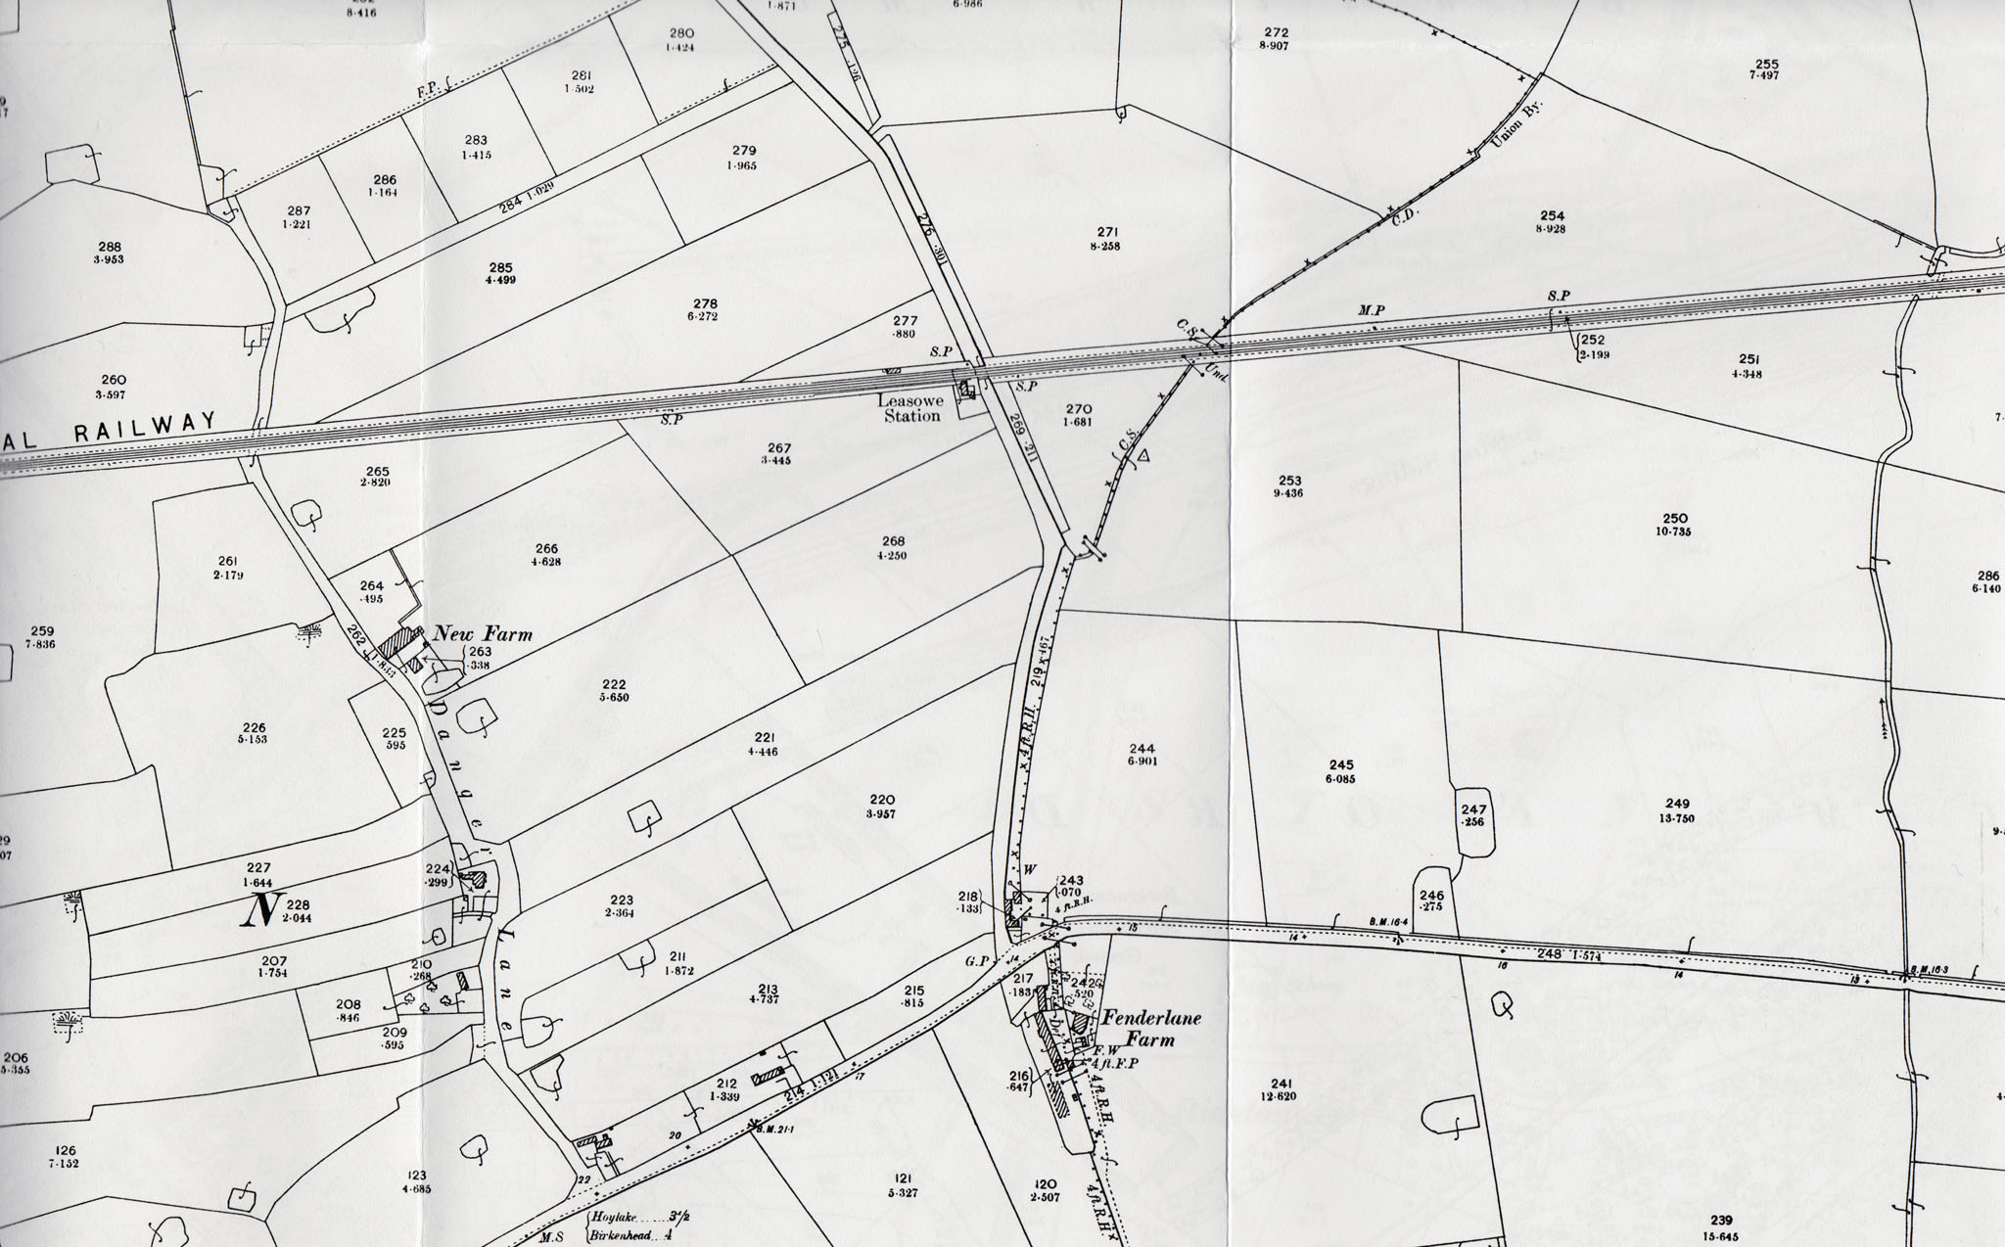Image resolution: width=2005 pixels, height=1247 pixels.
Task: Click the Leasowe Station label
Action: [910, 408]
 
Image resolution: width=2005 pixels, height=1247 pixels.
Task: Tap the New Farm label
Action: [483, 634]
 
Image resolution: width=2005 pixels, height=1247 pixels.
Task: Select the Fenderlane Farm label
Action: [1150, 1029]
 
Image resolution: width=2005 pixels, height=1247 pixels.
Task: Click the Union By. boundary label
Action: [1516, 125]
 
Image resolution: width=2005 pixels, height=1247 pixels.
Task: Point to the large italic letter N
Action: [261, 910]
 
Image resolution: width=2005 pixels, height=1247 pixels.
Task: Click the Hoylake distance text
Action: [614, 1218]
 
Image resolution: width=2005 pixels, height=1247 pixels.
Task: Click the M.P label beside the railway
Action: [1371, 310]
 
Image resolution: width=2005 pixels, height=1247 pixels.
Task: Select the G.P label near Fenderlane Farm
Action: [976, 961]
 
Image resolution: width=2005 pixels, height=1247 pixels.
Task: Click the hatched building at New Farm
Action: [398, 643]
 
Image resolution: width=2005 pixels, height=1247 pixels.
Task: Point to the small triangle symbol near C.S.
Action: [1142, 455]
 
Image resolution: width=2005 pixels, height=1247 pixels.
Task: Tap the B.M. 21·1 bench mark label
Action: [774, 1129]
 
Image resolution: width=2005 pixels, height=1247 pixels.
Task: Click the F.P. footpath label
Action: [428, 89]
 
